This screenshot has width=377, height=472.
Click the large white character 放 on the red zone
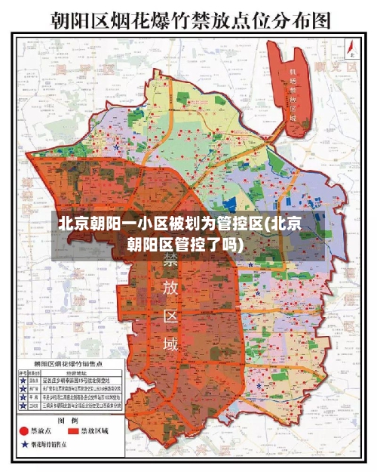click(x=171, y=289)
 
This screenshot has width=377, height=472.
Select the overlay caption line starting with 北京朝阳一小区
click(x=181, y=224)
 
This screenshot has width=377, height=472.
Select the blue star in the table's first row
click(x=23, y=381)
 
